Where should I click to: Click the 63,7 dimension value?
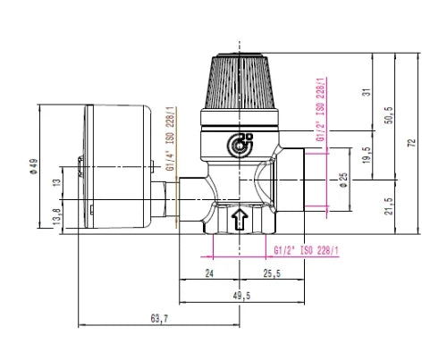[159, 319]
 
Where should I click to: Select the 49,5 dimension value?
[241, 296]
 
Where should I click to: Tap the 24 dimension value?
[209, 273]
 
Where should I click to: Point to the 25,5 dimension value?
[272, 273]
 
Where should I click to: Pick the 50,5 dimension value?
[389, 115]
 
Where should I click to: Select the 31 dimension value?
[369, 92]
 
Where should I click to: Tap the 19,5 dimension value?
[367, 155]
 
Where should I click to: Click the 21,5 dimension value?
[389, 206]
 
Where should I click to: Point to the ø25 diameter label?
[343, 180]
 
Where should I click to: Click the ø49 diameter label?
[34, 166]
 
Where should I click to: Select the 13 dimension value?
[57, 182]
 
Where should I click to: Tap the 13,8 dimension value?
[57, 216]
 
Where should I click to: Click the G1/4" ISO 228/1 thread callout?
[172, 139]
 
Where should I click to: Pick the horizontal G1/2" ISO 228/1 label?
[307, 251]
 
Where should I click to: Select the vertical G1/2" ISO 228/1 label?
[321, 110]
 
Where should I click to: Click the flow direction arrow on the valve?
[240, 219]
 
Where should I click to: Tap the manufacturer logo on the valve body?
[240, 145]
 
